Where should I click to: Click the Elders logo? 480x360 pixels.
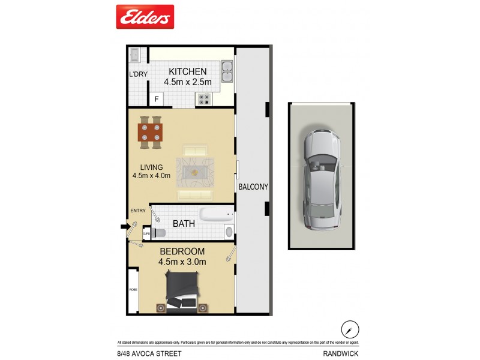145,17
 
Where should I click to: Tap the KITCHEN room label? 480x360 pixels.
187,71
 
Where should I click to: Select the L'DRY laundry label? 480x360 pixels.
138,74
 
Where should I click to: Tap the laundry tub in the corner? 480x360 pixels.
135,54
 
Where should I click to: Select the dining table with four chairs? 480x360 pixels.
151,132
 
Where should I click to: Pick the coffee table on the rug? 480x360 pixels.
194,172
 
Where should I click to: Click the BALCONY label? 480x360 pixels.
253,187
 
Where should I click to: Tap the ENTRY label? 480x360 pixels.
138,211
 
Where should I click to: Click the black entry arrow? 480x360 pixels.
124,227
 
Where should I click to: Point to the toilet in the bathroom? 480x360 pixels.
158,232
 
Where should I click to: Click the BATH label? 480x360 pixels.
184,224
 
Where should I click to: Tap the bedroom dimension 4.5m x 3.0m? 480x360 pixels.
182,262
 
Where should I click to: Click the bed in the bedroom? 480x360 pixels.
182,292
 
